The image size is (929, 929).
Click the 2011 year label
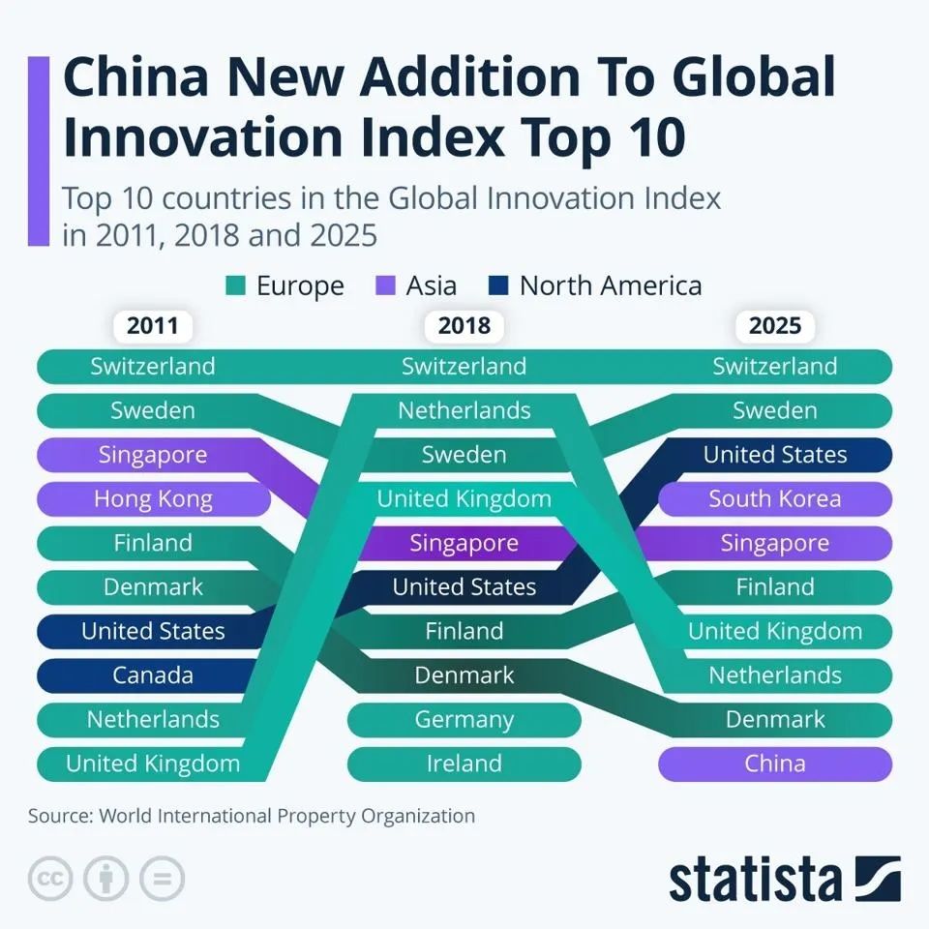(153, 325)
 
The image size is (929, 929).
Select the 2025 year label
(775, 325)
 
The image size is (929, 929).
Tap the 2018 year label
(464, 325)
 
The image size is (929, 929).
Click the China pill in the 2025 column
(775, 764)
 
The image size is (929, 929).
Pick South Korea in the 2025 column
(775, 498)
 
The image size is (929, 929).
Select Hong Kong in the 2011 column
(153, 498)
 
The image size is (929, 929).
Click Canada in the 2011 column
(153, 674)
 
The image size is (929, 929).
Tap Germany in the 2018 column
(464, 719)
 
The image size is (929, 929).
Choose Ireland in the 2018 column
(464, 764)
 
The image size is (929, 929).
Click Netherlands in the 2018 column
(464, 410)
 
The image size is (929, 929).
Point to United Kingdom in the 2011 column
(153, 764)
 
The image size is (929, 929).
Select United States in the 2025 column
(775, 455)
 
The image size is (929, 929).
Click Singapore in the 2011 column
(153, 455)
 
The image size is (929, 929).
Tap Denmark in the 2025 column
(775, 719)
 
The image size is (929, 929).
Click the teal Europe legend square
(236, 286)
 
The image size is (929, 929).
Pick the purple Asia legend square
(384, 286)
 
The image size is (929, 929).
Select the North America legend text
(610, 286)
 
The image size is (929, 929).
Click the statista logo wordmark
(755, 879)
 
